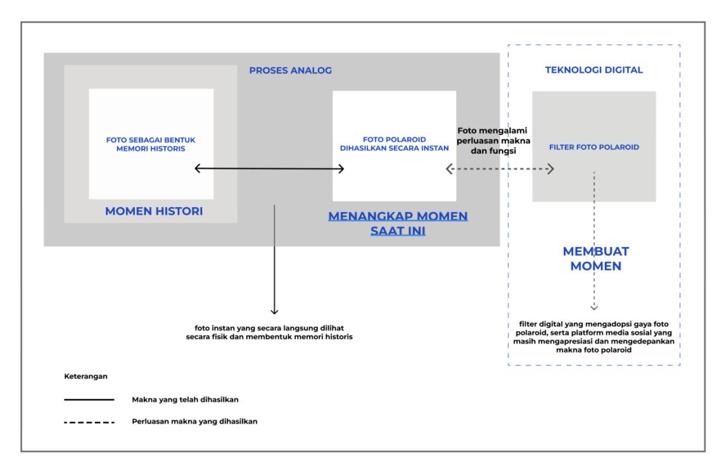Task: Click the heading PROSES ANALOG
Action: pyautogui.click(x=290, y=70)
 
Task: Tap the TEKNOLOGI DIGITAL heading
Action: pyautogui.click(x=593, y=70)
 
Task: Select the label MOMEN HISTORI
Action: pyautogui.click(x=154, y=211)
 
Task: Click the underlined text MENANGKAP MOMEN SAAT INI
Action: pyautogui.click(x=398, y=224)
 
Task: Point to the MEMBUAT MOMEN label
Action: pyautogui.click(x=596, y=258)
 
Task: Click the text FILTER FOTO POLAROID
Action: pyautogui.click(x=594, y=148)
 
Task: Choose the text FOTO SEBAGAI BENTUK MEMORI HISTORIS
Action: pyautogui.click(x=151, y=144)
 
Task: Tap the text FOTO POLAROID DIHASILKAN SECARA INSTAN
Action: pyautogui.click(x=394, y=144)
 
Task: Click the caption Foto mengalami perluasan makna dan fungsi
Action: pyautogui.click(x=493, y=141)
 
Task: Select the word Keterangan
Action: pyautogui.click(x=85, y=376)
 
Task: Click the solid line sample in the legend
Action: pyautogui.click(x=89, y=400)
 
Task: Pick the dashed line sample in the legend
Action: pyautogui.click(x=89, y=422)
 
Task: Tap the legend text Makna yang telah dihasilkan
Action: pyautogui.click(x=185, y=400)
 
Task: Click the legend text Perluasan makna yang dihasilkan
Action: pyautogui.click(x=194, y=422)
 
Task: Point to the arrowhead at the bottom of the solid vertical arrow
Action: pyautogui.click(x=274, y=312)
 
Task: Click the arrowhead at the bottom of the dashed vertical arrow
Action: pyautogui.click(x=594, y=307)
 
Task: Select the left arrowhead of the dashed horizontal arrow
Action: pyautogui.click(x=449, y=169)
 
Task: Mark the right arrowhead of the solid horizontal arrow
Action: pyautogui.click(x=341, y=169)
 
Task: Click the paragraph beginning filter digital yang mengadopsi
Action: pyautogui.click(x=593, y=337)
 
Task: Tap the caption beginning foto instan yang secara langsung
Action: pyautogui.click(x=269, y=332)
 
